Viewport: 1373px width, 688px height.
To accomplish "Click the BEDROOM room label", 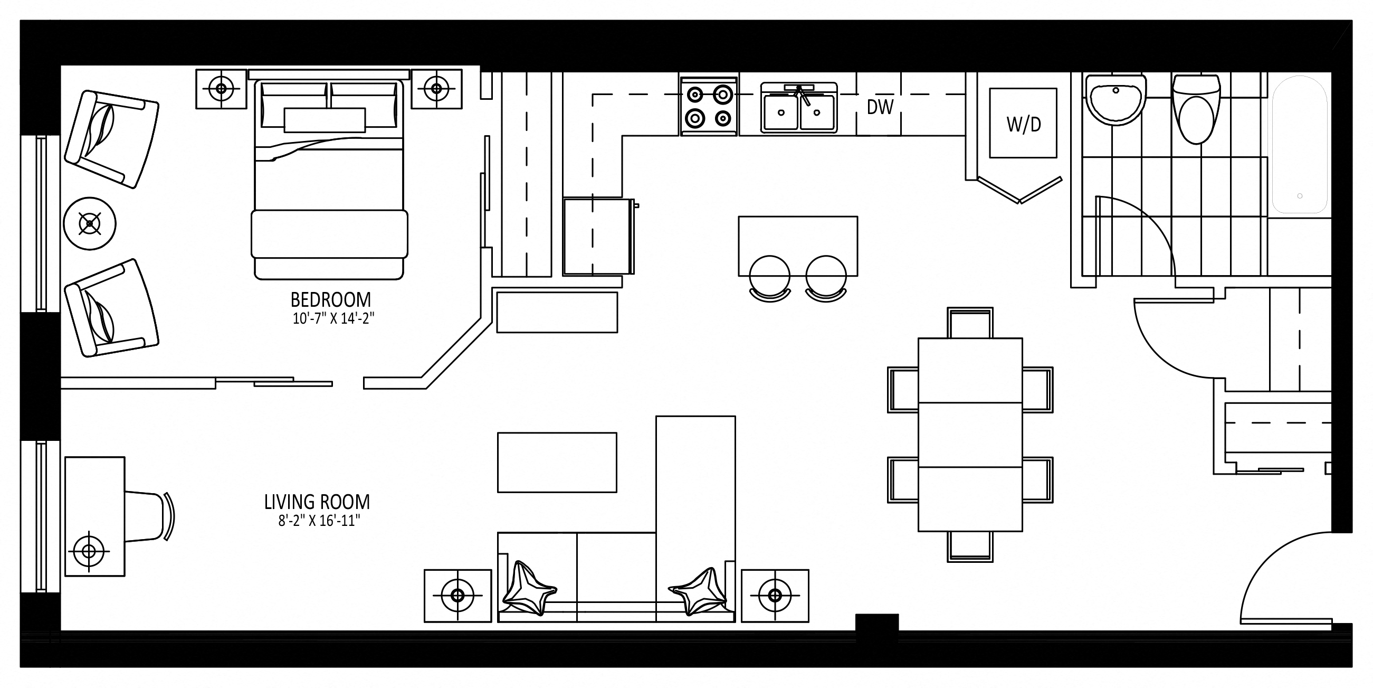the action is click(330, 299).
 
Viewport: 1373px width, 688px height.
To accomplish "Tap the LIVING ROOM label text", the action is click(317, 502).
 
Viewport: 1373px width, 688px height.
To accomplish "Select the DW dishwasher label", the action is click(880, 107).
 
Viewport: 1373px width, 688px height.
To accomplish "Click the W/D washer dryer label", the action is click(1023, 124).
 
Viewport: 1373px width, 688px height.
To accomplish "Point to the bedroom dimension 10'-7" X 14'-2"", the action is click(333, 319).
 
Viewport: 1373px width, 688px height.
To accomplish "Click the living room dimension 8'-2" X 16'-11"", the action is click(319, 521).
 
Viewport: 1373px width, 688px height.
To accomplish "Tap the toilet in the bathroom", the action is click(1196, 109).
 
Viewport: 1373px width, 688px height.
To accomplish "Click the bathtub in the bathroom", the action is click(1300, 145).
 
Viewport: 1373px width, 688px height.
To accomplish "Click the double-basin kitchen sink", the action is click(798, 108).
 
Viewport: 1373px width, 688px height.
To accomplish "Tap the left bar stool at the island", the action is click(770, 279).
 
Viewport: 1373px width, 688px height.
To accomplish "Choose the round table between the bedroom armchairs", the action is click(90, 223).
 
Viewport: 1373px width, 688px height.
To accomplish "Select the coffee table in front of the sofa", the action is click(557, 463).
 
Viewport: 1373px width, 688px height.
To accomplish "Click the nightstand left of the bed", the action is click(221, 89).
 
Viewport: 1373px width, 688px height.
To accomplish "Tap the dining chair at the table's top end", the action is click(969, 323).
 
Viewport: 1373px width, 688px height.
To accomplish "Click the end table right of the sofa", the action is click(775, 596).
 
